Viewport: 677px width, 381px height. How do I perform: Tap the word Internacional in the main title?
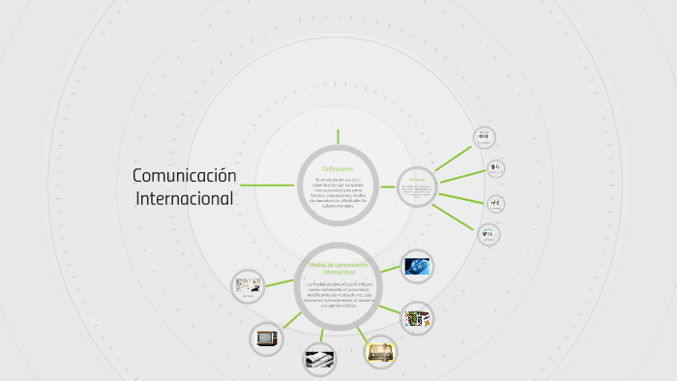point(185,198)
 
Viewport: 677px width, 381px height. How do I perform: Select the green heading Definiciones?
point(338,169)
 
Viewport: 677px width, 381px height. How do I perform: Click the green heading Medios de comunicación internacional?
point(338,267)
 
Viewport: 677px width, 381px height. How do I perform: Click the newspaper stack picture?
point(319,359)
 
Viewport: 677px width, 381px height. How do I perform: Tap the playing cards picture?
point(417,317)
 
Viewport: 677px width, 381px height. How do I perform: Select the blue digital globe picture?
point(416,265)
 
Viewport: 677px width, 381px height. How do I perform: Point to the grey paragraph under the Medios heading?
point(338,294)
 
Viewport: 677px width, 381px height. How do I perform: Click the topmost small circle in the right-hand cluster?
point(484,137)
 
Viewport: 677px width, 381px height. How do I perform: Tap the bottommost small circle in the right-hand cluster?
point(488,234)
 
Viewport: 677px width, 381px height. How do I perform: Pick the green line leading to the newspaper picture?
point(324,336)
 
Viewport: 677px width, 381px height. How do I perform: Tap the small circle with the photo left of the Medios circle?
point(247,286)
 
